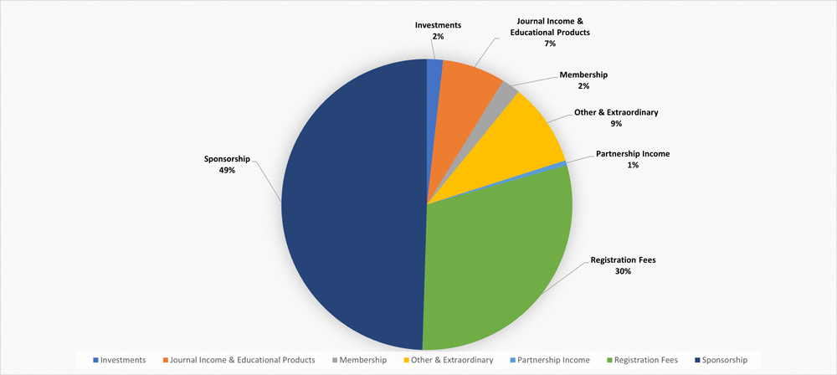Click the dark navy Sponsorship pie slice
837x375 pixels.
pyautogui.click(x=352, y=205)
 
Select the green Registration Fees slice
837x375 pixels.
pyautogui.click(x=494, y=259)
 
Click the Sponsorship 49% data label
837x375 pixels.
pyautogui.click(x=227, y=163)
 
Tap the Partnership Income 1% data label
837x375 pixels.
pyautogui.click(x=633, y=159)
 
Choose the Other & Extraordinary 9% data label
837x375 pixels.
pyautogui.click(x=616, y=118)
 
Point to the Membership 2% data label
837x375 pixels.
pyautogui.click(x=583, y=80)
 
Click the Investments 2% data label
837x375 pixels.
pyautogui.click(x=438, y=31)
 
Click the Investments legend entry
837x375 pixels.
pyautogui.click(x=120, y=359)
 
